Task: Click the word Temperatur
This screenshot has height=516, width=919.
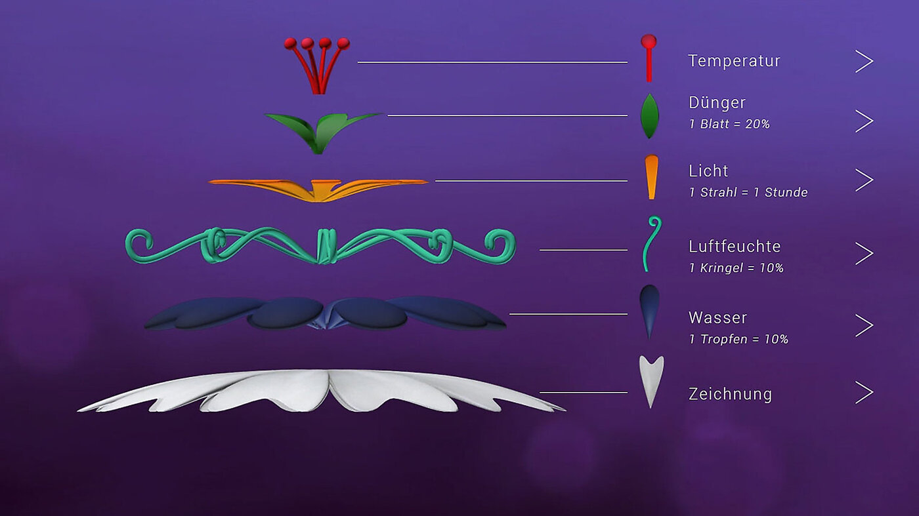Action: coord(734,61)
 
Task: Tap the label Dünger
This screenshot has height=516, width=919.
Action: coord(717,103)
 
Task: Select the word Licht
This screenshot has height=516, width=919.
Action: coord(708,171)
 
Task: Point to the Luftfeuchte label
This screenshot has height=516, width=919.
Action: coord(735,247)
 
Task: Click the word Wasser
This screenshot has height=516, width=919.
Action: coord(717,318)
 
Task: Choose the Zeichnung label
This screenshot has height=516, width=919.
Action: coord(730,394)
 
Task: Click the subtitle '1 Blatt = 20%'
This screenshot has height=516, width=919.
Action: coord(729,124)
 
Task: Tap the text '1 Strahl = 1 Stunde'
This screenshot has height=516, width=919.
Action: coord(748,193)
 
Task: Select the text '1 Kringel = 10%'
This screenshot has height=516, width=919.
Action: coord(736,268)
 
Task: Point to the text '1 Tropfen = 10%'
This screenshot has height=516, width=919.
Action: coord(738,340)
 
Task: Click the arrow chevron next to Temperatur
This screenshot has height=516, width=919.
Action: coord(864,61)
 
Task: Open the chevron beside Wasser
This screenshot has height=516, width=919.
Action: coord(864,325)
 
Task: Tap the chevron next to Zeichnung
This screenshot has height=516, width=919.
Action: coord(864,393)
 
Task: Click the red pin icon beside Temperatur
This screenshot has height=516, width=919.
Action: coord(649,58)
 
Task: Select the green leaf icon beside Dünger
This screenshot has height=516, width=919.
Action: coord(649,116)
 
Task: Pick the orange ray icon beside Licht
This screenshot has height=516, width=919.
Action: coord(651,177)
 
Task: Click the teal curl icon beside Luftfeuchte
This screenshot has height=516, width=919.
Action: coord(651,243)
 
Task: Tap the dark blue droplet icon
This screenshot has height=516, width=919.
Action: coord(649,310)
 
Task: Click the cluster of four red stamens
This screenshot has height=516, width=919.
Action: coord(317,64)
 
